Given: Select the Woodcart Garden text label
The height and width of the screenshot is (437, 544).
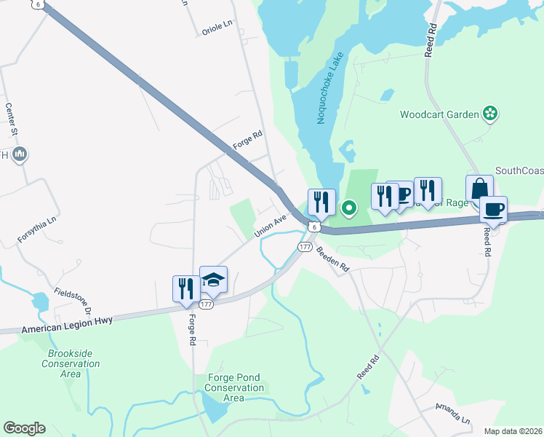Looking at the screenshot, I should [x=439, y=114].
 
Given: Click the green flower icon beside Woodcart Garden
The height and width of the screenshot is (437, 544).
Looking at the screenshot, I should [x=491, y=113].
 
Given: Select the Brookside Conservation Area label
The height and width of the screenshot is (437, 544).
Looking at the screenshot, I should [x=70, y=363].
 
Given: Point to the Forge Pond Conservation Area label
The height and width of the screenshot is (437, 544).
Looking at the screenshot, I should [x=234, y=387].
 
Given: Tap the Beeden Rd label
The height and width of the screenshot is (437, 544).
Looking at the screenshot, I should [x=333, y=260].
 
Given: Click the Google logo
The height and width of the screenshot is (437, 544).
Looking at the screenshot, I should [x=24, y=428].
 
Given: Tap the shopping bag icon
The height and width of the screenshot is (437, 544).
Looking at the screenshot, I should [x=479, y=189].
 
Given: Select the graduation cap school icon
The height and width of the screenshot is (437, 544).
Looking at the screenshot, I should [x=213, y=280].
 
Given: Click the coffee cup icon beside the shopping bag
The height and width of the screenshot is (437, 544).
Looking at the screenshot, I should [x=493, y=210].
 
